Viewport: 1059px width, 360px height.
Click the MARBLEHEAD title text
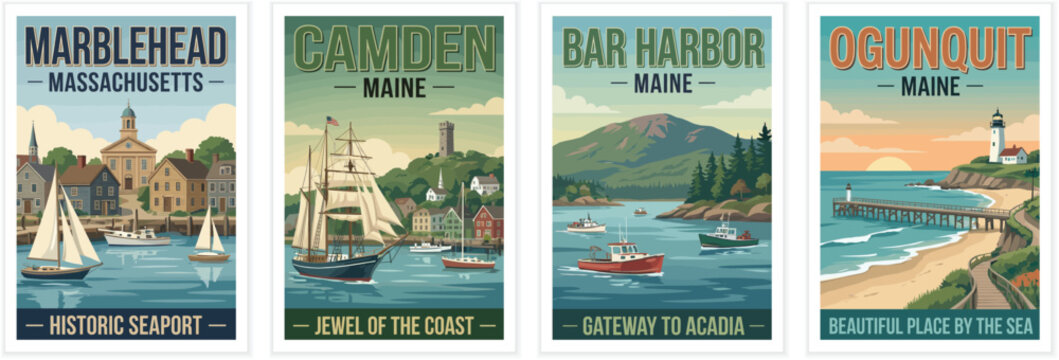126,46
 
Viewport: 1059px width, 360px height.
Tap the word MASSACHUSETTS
126,82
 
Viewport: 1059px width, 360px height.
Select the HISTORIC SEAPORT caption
126,325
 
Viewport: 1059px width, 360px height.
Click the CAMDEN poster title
394,48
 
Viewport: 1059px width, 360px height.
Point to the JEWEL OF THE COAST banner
394,325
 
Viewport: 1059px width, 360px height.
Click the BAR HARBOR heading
662,48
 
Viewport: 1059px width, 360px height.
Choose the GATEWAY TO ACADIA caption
662,325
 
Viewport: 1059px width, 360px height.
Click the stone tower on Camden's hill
446,138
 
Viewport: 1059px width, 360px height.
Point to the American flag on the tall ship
332,122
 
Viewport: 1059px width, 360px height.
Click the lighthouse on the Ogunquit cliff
996,135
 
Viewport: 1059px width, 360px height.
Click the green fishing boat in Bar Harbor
728,238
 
